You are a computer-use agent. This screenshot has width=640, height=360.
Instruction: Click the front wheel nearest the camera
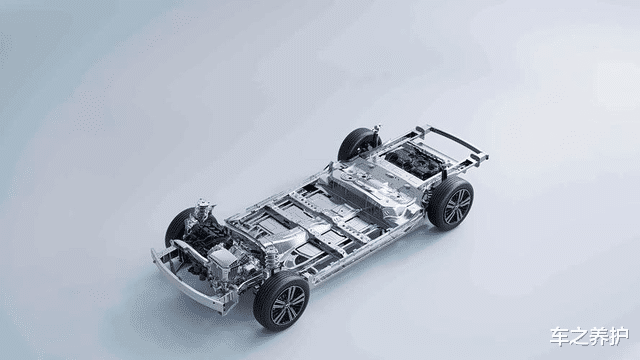(281, 301)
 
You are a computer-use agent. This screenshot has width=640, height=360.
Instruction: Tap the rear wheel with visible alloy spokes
(451, 204)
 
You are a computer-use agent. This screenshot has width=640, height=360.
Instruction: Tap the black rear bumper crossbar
(453, 140)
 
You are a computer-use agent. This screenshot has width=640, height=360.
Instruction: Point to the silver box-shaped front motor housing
(222, 261)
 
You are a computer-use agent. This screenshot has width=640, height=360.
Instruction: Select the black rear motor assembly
(413, 160)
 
